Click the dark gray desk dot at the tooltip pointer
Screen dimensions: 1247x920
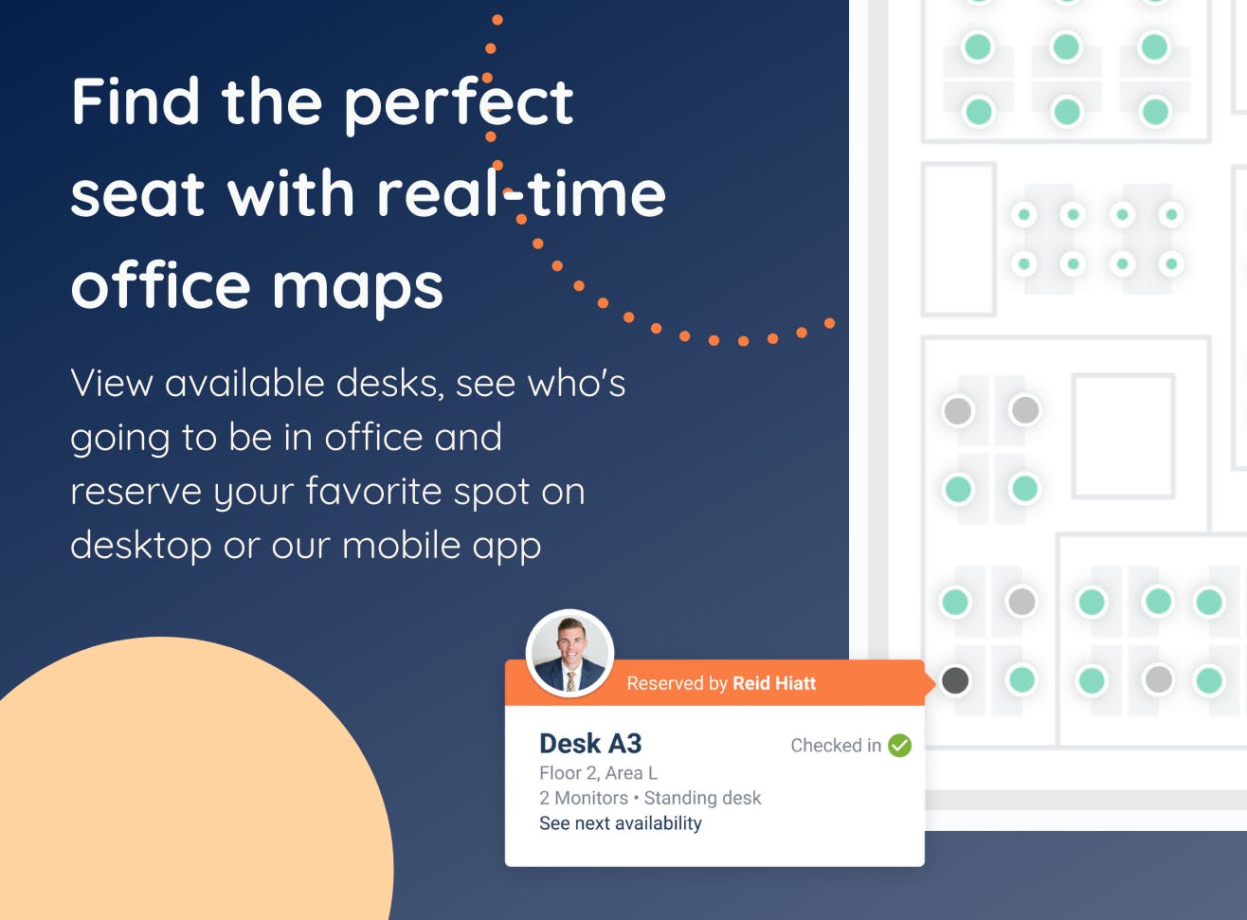(955, 680)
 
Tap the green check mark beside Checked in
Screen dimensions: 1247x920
(899, 746)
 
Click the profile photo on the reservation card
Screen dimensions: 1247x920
(569, 654)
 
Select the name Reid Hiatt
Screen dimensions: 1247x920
(774, 683)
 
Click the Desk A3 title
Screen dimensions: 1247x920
(590, 744)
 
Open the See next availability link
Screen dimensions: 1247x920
(620, 823)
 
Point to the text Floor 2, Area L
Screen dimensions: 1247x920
(598, 773)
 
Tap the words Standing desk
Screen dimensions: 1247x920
(702, 798)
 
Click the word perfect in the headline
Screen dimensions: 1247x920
(459, 104)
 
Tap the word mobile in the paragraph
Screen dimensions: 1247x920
(402, 545)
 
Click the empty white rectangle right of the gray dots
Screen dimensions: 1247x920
(1123, 436)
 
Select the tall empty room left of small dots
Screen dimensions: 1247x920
(959, 239)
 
